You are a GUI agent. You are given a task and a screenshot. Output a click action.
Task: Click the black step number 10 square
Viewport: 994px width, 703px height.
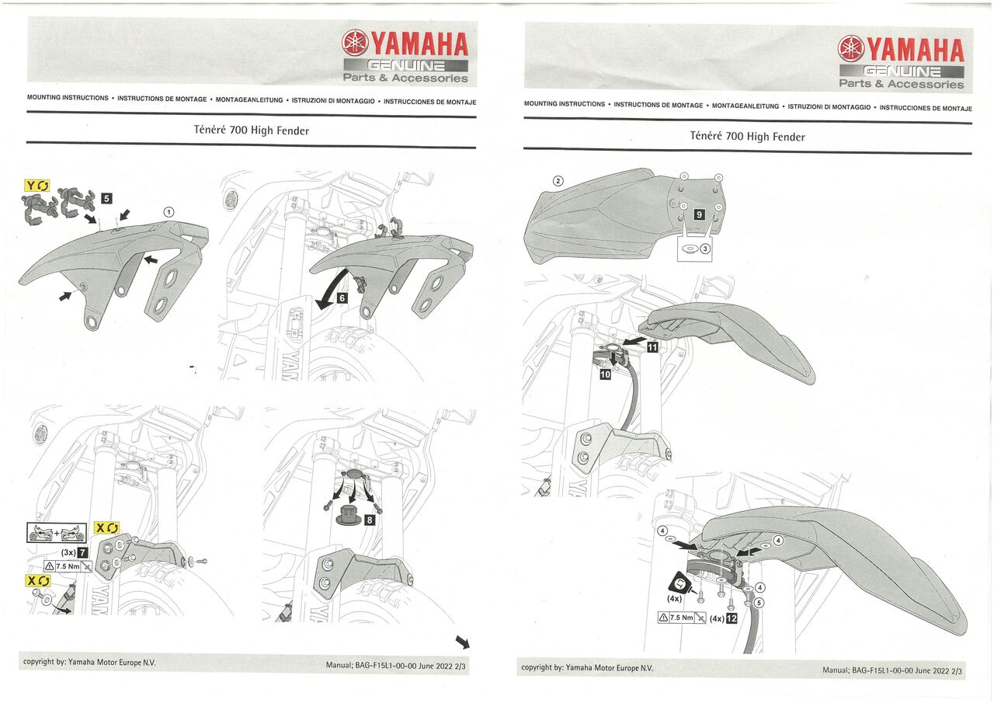pyautogui.click(x=606, y=374)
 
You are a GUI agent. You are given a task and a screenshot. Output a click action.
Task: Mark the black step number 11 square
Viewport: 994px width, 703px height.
pyautogui.click(x=652, y=347)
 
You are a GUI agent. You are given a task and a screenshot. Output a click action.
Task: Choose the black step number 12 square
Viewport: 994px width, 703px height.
pyautogui.click(x=731, y=618)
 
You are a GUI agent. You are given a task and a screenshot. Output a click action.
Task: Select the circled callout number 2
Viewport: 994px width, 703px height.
pyautogui.click(x=558, y=181)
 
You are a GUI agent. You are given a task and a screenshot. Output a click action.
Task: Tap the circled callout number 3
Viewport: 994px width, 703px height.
pyautogui.click(x=705, y=249)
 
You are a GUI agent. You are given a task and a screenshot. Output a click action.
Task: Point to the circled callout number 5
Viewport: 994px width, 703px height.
pyautogui.click(x=759, y=601)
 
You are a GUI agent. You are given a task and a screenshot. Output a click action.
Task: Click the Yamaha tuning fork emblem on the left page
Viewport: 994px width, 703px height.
pyautogui.click(x=355, y=42)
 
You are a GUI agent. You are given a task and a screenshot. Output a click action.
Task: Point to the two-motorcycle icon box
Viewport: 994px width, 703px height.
pyautogui.click(x=57, y=532)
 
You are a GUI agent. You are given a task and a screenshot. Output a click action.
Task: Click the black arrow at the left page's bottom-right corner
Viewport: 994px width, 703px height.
pyautogui.click(x=462, y=642)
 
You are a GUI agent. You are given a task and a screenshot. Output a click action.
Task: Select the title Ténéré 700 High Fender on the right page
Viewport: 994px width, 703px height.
pyautogui.click(x=747, y=136)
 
